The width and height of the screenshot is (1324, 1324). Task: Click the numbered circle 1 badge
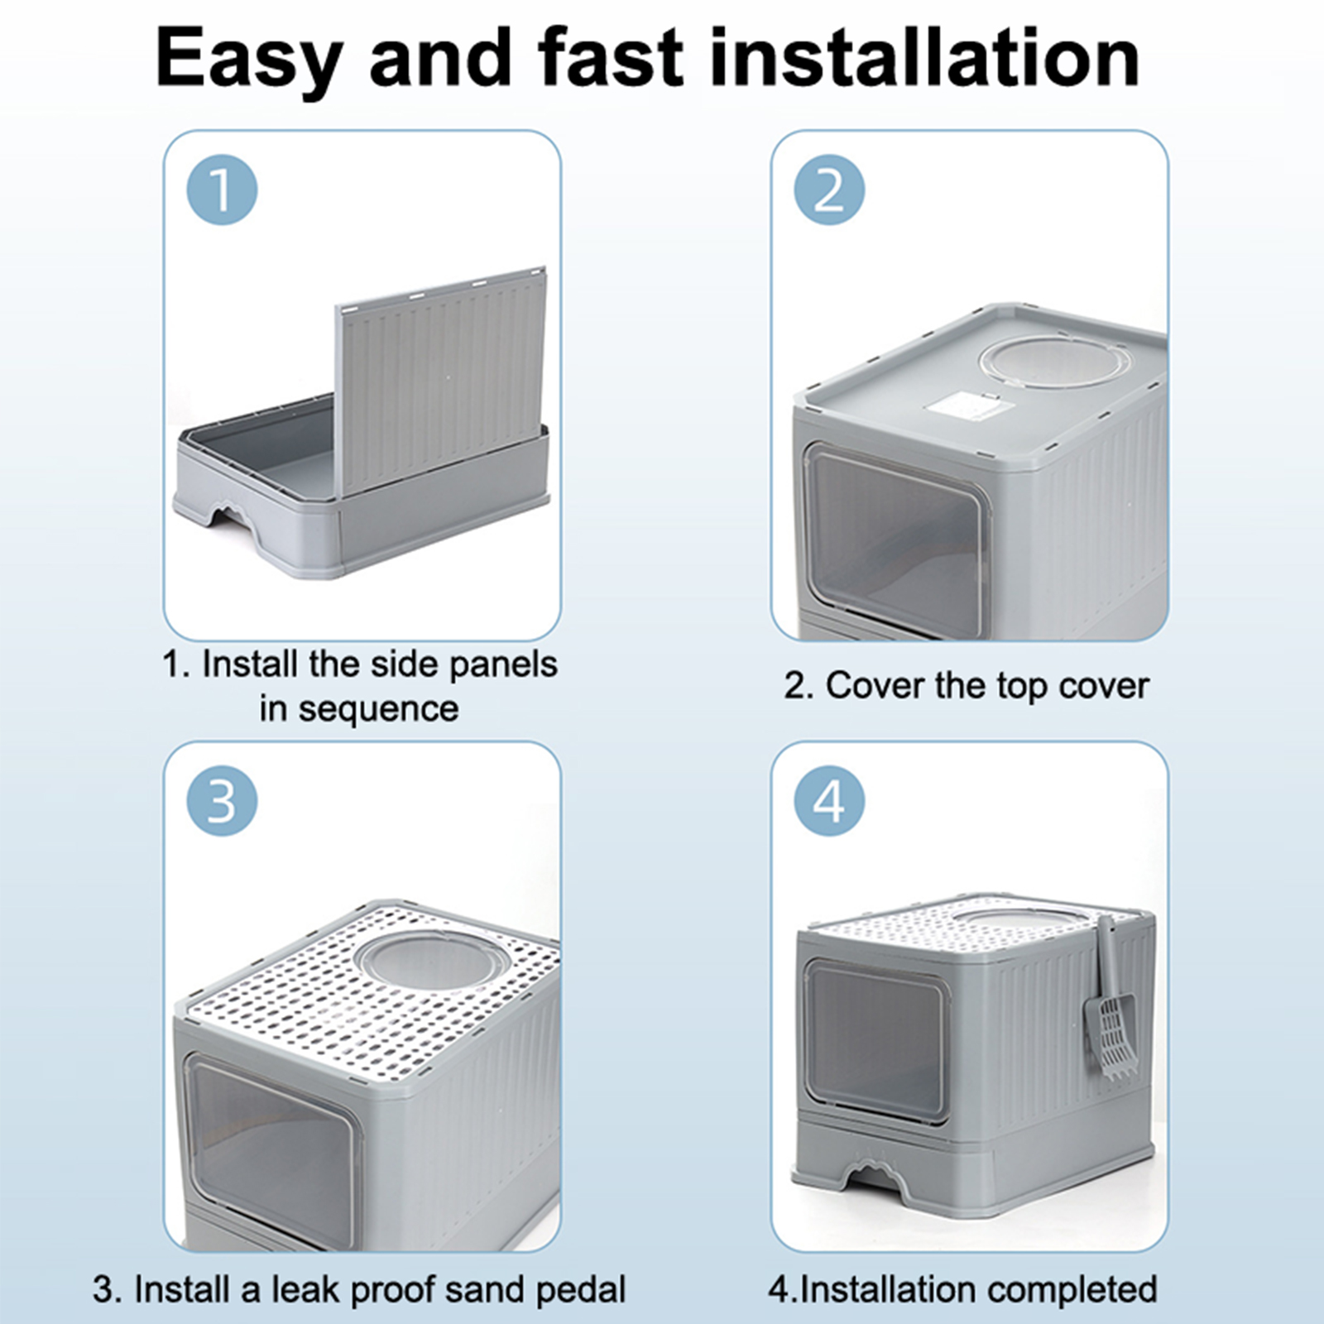click(x=222, y=189)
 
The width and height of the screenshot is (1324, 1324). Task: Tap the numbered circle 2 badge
click(x=829, y=189)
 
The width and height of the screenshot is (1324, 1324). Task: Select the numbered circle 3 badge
click(x=222, y=800)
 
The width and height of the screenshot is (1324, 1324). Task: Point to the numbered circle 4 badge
click(x=829, y=800)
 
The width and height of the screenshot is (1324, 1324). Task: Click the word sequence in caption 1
click(x=378, y=709)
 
